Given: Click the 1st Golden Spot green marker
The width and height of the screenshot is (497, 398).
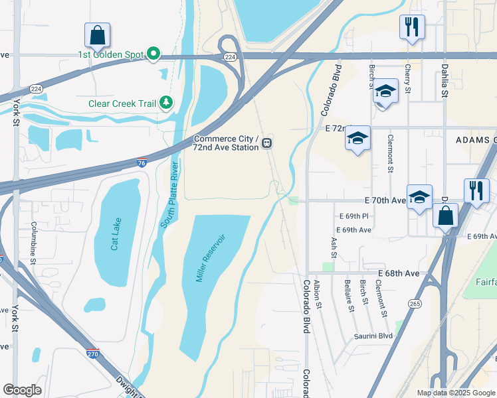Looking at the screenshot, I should (153, 53).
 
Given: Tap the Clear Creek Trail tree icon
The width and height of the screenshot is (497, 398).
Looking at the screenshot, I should (165, 103).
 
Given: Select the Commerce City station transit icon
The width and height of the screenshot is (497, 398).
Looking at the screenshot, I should (266, 143).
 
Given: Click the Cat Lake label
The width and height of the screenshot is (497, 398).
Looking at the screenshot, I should (117, 235).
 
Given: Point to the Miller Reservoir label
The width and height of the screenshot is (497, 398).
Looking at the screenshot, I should (211, 257).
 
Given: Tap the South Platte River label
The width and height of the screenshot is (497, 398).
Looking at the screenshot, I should (170, 194).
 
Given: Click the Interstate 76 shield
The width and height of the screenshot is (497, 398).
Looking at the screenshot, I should (141, 162).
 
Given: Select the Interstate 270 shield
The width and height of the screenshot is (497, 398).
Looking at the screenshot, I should (93, 354).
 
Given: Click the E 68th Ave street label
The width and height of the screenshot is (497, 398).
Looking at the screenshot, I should (399, 273).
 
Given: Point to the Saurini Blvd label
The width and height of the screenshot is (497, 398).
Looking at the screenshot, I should (373, 336).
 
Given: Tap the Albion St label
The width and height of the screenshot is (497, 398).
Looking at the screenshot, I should (318, 294).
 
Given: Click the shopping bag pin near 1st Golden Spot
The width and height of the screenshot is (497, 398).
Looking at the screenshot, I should (97, 35).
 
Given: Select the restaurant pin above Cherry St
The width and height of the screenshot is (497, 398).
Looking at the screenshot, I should (412, 27).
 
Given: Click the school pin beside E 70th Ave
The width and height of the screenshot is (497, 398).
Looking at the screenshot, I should (419, 197).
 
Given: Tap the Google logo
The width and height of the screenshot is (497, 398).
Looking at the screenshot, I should (23, 390).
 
